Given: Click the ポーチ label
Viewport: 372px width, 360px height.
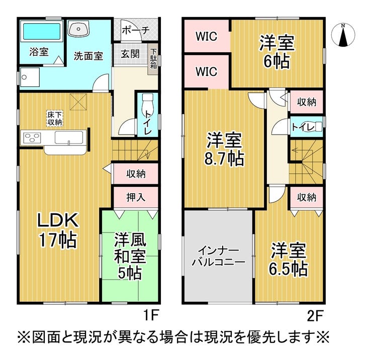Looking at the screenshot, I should [136, 30].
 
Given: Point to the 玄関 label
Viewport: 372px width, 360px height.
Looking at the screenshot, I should [129, 54].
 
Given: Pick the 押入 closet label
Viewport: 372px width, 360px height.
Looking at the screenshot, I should [135, 197].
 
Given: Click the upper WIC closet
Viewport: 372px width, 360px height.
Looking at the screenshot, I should [206, 36].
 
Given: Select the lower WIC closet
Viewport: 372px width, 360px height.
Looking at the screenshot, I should [206, 71].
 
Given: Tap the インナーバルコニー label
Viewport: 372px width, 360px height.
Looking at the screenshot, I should [218, 257].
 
